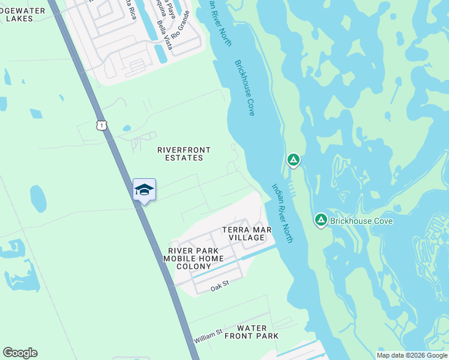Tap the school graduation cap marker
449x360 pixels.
coord(144,190)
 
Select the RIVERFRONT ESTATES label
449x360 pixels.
coord(180,154)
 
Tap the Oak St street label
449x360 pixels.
coord(220,288)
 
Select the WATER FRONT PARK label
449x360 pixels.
coord(258,332)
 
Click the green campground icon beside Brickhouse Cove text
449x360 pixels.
coord(321,221)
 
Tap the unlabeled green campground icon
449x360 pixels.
coord(293,160)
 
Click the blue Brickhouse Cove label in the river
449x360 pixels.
coord(245,88)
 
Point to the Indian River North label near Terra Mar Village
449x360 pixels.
coord(283,213)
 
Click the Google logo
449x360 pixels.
coord(20,353)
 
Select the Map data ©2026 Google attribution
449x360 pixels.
coord(412,355)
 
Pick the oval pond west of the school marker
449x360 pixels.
coord(38,199)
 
